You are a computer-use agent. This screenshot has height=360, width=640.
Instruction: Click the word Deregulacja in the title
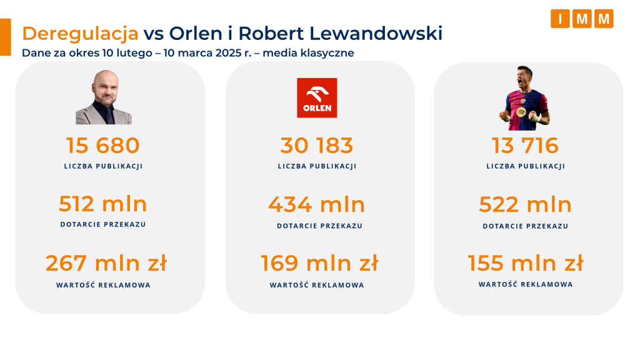[80, 33]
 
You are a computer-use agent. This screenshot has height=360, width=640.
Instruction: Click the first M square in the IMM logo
[582, 19]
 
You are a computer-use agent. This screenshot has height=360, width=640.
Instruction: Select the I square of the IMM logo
[560, 19]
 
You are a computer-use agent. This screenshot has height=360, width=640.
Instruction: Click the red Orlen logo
[317, 98]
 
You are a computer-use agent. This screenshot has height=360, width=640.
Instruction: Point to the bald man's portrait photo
[103, 97]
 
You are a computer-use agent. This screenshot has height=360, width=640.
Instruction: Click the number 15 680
[103, 146]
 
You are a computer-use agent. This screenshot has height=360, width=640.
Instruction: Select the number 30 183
[317, 146]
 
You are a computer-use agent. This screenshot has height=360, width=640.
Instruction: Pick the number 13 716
[526, 146]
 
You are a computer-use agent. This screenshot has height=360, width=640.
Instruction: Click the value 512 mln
[103, 204]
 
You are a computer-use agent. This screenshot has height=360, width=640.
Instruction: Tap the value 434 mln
[317, 204]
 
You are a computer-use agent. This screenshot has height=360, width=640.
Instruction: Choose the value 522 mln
[526, 204]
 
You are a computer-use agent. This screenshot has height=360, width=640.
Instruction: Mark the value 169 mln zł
[319, 263]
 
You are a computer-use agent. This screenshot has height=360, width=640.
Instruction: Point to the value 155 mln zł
[526, 263]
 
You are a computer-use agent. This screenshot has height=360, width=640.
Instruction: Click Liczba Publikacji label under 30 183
[317, 166]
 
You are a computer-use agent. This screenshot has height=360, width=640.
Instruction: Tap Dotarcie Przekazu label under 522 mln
[526, 226]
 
